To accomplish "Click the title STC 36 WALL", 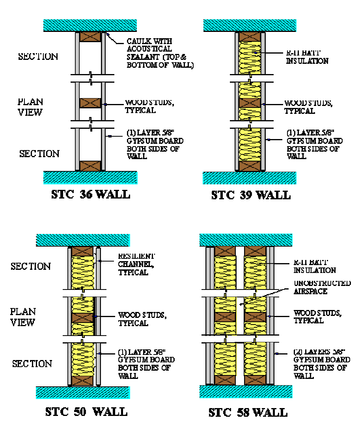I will click(91, 194).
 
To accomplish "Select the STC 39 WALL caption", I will click(251, 195).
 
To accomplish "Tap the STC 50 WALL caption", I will click(86, 412).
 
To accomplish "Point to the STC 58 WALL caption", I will click(248, 412).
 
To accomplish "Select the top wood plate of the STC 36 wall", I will click(90, 37).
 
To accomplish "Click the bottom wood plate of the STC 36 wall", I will click(90, 165).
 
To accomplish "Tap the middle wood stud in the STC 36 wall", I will click(90, 103).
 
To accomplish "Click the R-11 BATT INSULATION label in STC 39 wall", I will click(307, 57).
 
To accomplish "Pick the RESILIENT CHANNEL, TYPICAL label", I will click(136, 264).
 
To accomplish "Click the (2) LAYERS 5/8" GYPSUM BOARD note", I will click(321, 364).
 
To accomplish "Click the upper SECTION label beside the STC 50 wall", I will click(31, 266).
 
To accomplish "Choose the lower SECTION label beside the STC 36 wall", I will click(39, 153).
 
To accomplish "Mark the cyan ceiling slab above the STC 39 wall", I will click(250, 25).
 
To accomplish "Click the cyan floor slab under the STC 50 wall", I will click(82, 392).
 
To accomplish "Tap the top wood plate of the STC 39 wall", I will click(250, 36).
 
